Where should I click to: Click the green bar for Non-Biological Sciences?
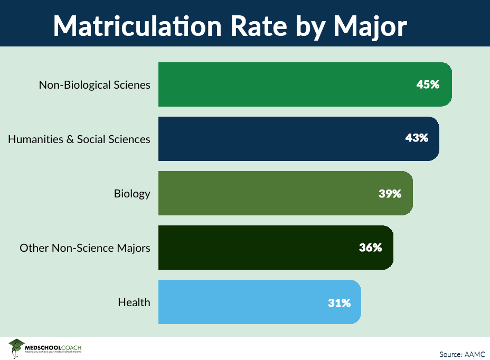click(x=296, y=84)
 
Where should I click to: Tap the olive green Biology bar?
click(x=275, y=193)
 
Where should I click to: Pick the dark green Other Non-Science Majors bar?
click(x=264, y=248)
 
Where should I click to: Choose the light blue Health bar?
click(x=248, y=302)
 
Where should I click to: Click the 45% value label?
click(x=427, y=84)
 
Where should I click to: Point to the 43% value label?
click(x=416, y=138)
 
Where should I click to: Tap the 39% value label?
click(x=390, y=193)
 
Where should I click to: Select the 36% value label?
click(x=370, y=248)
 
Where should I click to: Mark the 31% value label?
click(x=338, y=302)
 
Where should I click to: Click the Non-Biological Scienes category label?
click(x=95, y=85)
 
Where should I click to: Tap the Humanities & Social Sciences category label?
click(x=79, y=139)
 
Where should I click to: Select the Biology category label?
click(x=132, y=194)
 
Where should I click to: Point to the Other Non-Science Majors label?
click(x=85, y=248)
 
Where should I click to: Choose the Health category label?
click(x=134, y=302)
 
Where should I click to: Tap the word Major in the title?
click(x=370, y=24)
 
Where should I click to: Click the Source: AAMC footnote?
click(x=461, y=354)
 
